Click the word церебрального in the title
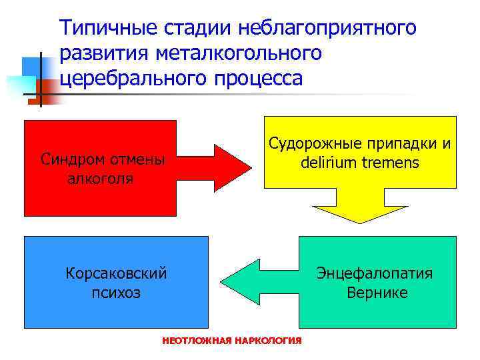[132, 78]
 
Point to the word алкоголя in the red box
[101, 179]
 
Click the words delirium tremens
[361, 162]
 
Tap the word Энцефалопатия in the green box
[375, 274]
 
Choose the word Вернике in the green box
[377, 293]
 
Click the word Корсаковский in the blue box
[116, 273]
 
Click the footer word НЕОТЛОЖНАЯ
[193, 341]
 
